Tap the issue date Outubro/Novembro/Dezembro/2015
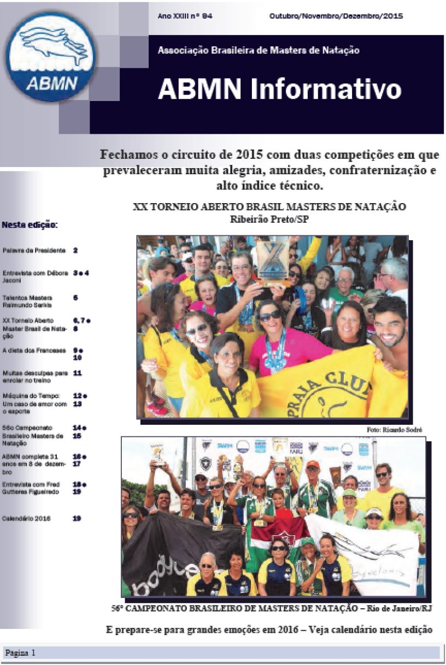point(336,16)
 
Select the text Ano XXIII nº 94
point(185,16)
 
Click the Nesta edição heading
point(30,224)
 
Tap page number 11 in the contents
point(77,373)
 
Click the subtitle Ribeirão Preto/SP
point(269,219)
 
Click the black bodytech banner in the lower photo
point(175,551)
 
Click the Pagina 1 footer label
point(21,652)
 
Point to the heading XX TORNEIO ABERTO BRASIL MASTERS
point(269,207)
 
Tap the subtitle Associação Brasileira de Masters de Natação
point(259,50)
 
